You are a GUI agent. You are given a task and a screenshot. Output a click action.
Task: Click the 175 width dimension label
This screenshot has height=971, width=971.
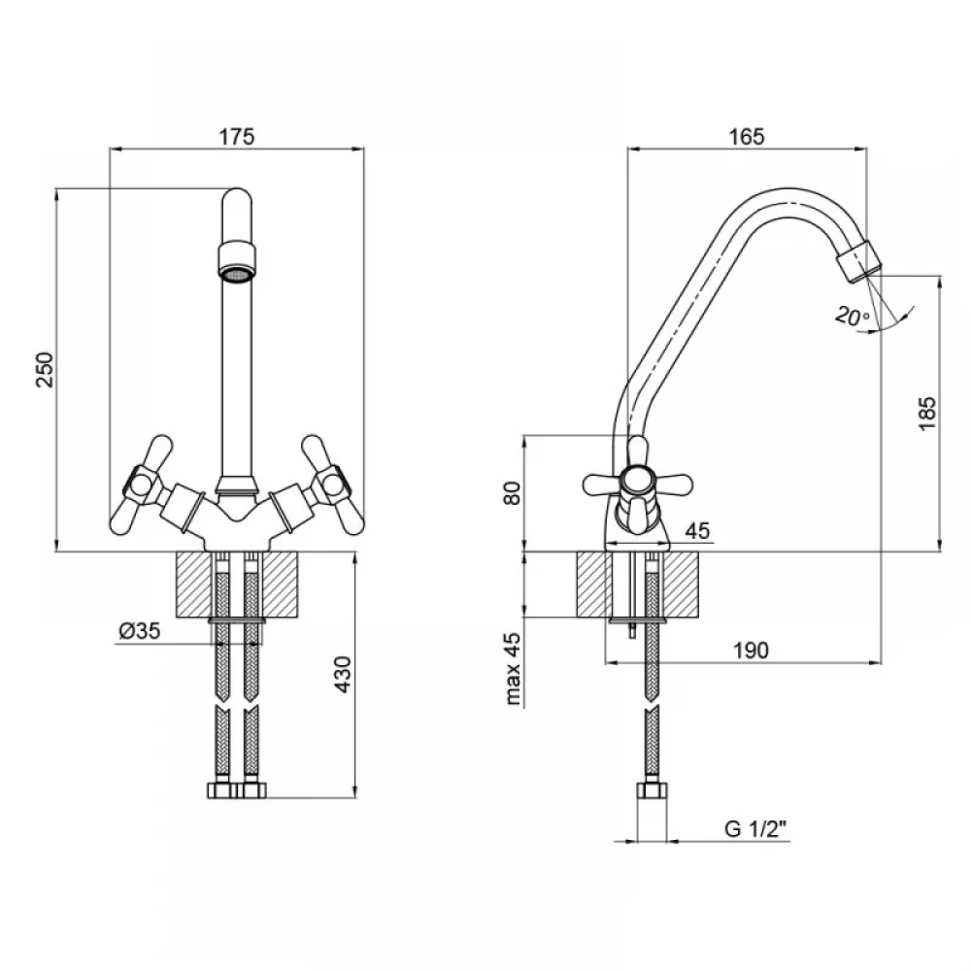coord(237,136)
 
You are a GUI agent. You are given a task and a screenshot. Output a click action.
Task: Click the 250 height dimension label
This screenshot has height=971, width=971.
coord(45,370)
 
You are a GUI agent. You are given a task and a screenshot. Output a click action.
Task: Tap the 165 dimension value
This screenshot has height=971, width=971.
coord(747,136)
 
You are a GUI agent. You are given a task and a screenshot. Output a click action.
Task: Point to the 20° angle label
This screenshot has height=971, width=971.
coord(853,317)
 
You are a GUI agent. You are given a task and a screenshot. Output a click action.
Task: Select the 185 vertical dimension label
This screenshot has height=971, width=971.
coord(927,414)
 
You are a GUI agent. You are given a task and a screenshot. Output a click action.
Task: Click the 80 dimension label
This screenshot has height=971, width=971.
coord(512,493)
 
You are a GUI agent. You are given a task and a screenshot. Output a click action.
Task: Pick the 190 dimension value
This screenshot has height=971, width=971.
coord(751,651)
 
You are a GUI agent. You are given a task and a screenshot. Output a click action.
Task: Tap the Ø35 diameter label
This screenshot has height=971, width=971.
coord(139,631)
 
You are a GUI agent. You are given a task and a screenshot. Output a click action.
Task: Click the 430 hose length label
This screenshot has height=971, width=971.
coord(343,675)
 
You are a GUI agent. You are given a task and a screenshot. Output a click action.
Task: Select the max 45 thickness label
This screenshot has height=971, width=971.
coord(513,669)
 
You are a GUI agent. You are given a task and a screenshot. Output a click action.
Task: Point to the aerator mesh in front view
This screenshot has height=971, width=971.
coord(237,273)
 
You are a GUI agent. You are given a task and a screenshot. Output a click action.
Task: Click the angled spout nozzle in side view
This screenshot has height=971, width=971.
coord(859,260)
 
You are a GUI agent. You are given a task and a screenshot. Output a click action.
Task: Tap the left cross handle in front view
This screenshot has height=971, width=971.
coord(142,485)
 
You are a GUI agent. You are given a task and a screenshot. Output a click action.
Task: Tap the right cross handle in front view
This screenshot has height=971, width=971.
coord(332,485)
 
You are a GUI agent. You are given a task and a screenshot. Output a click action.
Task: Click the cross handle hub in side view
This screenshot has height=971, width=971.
coord(637,481)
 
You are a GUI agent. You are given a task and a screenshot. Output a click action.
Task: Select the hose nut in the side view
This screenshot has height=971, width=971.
coord(653,790)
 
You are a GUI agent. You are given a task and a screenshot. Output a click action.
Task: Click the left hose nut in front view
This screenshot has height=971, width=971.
coord(221,790)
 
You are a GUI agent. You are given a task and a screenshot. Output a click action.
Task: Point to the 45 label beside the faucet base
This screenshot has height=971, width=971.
coord(697,531)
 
